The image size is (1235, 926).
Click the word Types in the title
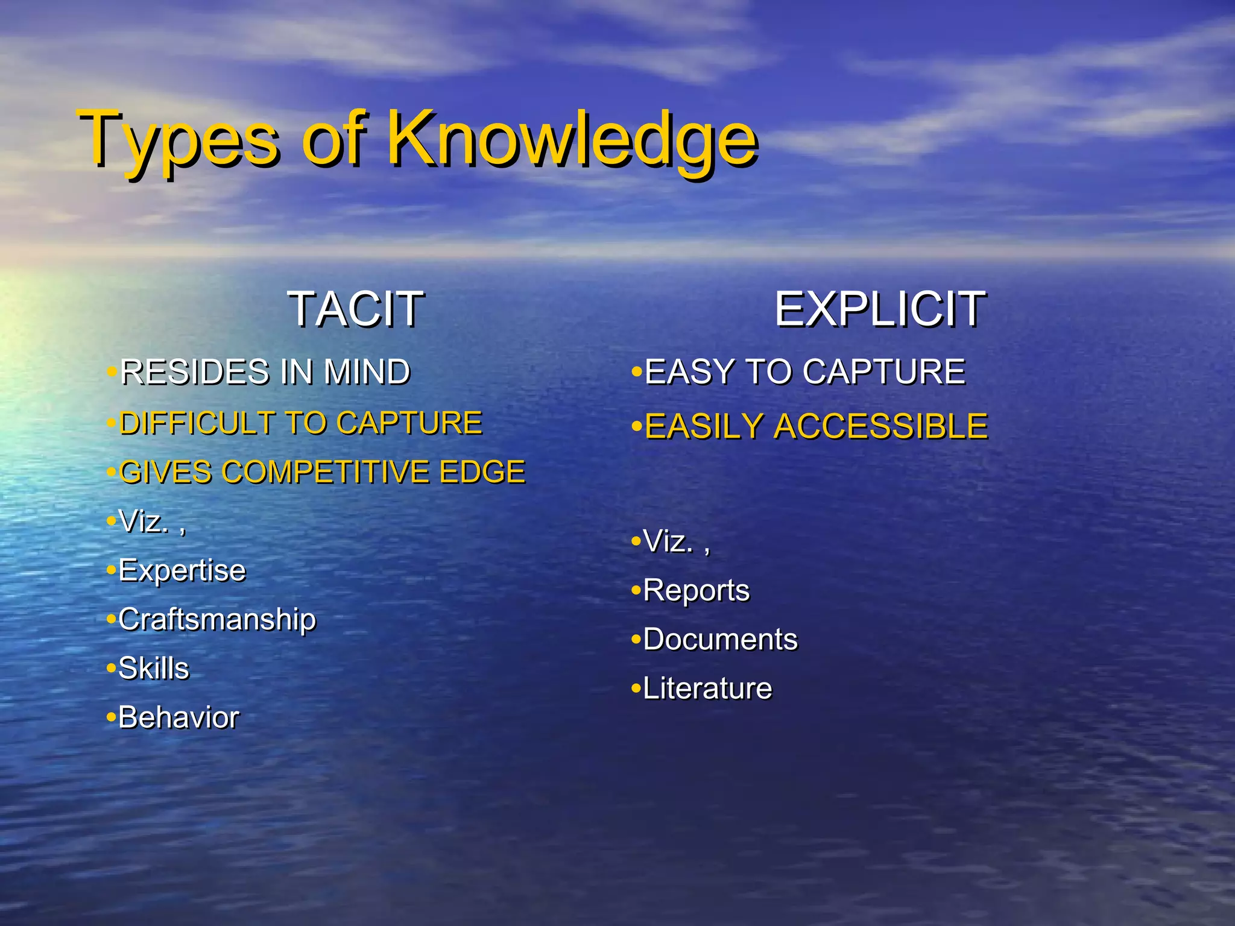pyautogui.click(x=179, y=140)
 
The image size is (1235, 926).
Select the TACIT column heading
pyautogui.click(x=356, y=309)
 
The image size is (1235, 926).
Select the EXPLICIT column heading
pyautogui.click(x=880, y=309)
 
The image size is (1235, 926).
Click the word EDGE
pyautogui.click(x=482, y=471)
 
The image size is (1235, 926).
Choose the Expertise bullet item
pyautogui.click(x=182, y=570)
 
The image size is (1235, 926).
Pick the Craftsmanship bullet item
pyautogui.click(x=217, y=619)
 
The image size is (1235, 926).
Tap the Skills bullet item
pyautogui.click(x=154, y=668)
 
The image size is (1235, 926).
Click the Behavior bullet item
pyautogui.click(x=178, y=717)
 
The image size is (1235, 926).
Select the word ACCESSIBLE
pyautogui.click(x=880, y=427)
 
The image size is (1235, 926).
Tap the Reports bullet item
pyautogui.click(x=696, y=590)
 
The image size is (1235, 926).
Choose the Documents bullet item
pyautogui.click(x=720, y=639)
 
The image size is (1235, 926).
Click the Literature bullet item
pyautogui.click(x=707, y=688)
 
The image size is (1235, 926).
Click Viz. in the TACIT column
pyautogui.click(x=144, y=521)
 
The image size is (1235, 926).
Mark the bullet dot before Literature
pyautogui.click(x=636, y=688)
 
